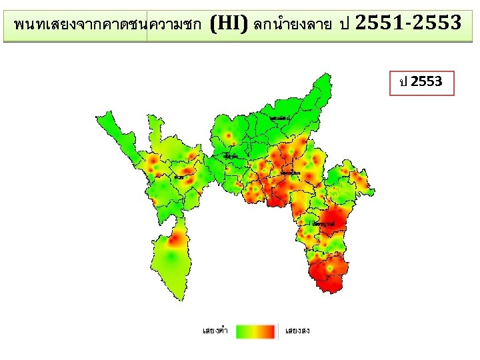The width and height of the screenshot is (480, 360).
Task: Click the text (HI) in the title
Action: [229, 25]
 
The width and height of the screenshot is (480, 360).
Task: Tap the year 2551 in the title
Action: [378, 24]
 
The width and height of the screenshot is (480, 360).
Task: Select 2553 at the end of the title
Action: [437, 24]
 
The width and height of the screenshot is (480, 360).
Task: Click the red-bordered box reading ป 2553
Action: [421, 83]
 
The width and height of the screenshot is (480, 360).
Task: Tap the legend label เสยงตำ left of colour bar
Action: [215, 331]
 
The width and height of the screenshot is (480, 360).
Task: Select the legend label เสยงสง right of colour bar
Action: [297, 331]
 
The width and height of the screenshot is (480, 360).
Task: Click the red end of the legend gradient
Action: [269, 331]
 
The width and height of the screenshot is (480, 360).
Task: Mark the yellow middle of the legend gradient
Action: [256, 331]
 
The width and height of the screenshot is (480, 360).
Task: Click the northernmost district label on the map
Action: [280, 118]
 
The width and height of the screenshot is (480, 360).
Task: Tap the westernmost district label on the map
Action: [179, 177]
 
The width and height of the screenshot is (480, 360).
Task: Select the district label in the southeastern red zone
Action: [325, 224]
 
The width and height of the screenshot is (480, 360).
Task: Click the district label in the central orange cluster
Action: [291, 173]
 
